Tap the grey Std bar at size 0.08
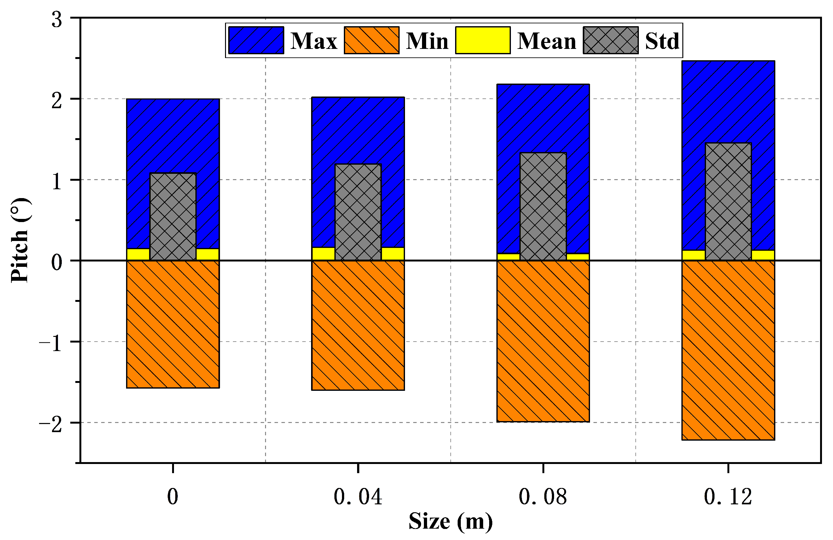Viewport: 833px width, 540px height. pyautogui.click(x=543, y=207)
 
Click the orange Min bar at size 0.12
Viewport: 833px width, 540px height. pyautogui.click(x=728, y=350)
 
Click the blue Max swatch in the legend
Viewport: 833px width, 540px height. pyautogui.click(x=256, y=40)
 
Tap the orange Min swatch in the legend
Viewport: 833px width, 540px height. pyautogui.click(x=371, y=40)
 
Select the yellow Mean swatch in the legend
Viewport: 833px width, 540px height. pyautogui.click(x=483, y=40)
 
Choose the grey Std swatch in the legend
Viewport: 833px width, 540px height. pyautogui.click(x=610, y=40)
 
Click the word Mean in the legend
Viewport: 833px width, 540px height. pyautogui.click(x=546, y=41)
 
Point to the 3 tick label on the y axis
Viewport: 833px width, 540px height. pyautogui.click(x=57, y=20)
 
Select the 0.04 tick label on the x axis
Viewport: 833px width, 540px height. pyautogui.click(x=358, y=496)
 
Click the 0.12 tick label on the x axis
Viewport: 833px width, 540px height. pyautogui.click(x=728, y=496)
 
